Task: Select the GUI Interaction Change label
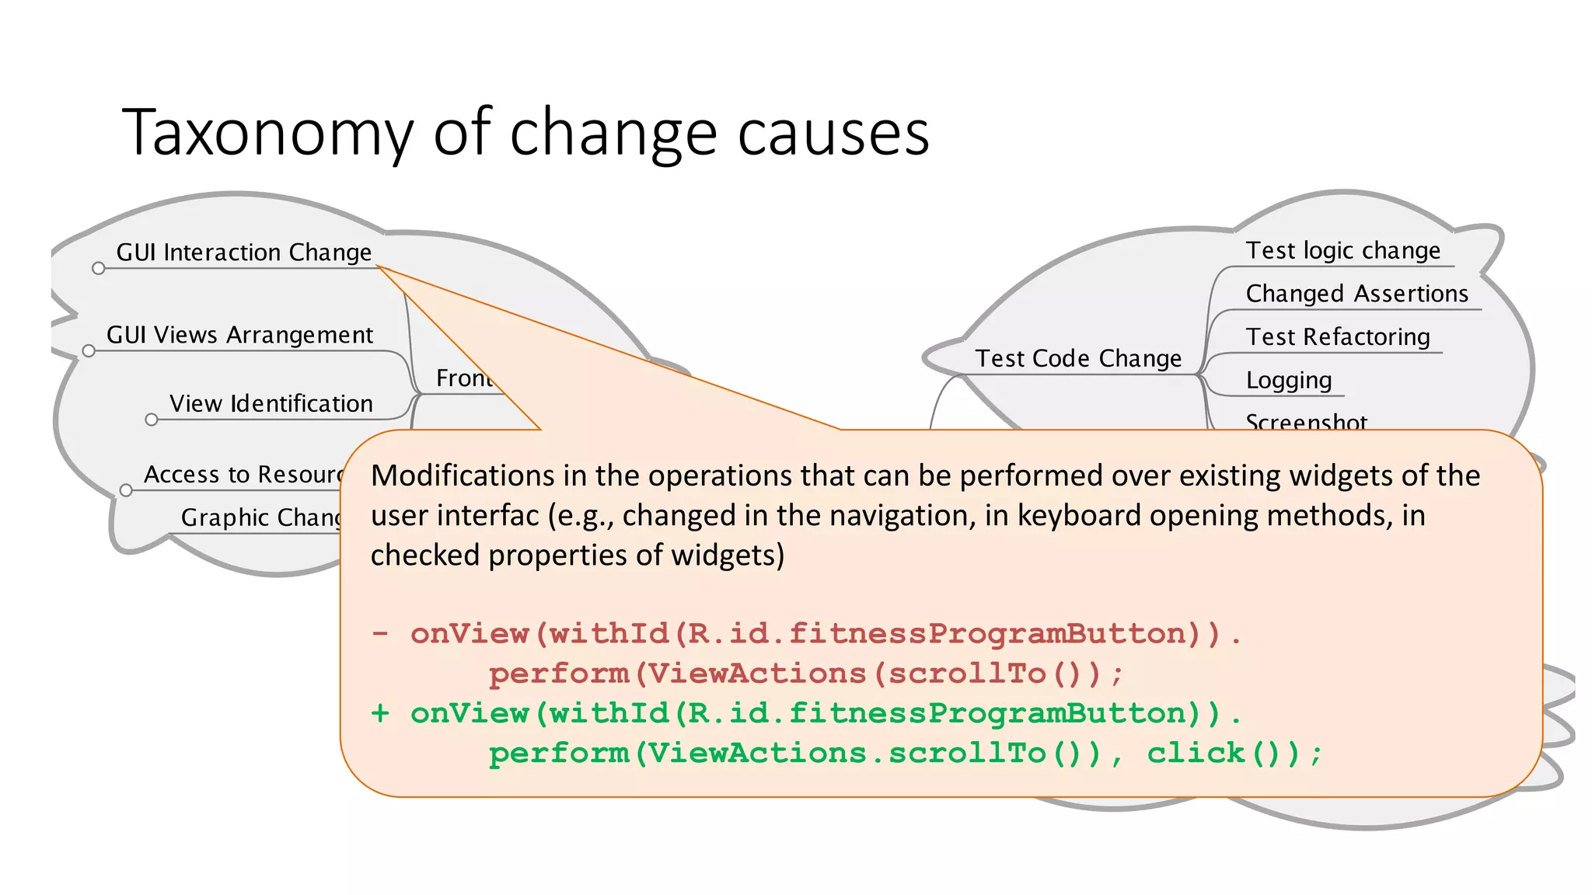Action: point(243,252)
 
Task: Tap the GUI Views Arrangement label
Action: point(239,335)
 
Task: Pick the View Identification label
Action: point(271,404)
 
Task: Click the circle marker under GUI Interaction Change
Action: point(98,269)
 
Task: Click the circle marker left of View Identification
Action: point(152,420)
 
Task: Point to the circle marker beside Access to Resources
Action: point(126,491)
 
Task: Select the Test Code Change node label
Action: point(1077,359)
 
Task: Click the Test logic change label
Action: point(1342,251)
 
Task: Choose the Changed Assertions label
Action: point(1356,294)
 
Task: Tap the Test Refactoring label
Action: point(1337,337)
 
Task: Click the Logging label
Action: point(1288,381)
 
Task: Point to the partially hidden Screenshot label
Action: point(1305,421)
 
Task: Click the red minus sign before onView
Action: point(380,633)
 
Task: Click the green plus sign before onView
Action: point(380,713)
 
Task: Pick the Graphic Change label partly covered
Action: point(260,517)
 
